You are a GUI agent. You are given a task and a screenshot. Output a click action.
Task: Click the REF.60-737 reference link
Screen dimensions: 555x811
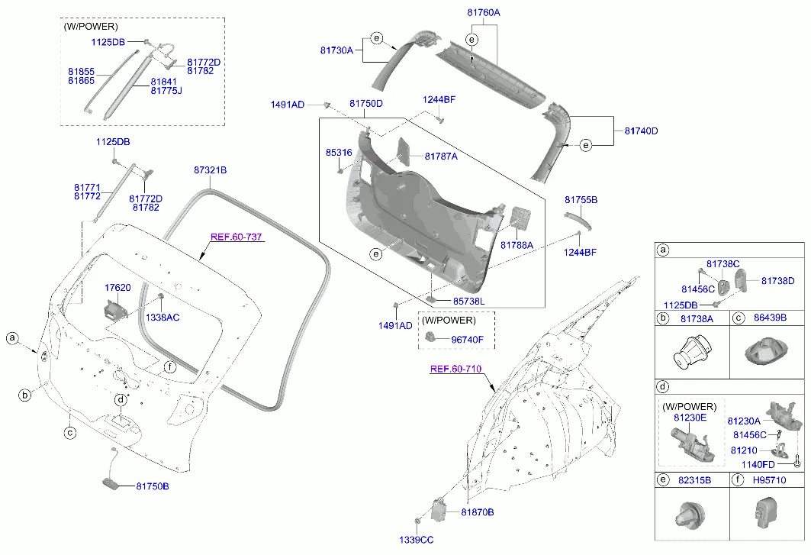[x=236, y=237]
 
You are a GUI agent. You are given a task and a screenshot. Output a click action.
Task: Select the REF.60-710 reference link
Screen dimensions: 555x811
[x=455, y=369]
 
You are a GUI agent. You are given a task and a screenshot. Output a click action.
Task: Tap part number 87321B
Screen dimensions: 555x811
[x=210, y=169]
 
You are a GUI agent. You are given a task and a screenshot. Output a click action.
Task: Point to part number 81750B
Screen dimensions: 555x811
[x=153, y=486]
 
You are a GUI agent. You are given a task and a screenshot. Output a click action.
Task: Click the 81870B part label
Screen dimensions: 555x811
[x=477, y=511]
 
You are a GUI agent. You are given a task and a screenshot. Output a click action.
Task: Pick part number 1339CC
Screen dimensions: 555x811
[x=416, y=540]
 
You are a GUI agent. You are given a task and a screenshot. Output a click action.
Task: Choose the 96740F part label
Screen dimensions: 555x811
[x=467, y=339]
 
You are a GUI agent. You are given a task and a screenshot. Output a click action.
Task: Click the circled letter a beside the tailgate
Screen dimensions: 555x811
[x=12, y=338]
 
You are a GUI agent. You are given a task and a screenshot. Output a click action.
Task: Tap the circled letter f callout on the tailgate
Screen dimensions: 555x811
[x=170, y=366]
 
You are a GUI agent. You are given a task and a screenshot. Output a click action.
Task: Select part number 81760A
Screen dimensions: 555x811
[x=483, y=13]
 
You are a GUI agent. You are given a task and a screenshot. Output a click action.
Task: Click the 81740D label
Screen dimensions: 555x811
[x=641, y=131]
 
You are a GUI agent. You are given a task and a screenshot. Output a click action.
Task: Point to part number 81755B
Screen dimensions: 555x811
[x=581, y=199]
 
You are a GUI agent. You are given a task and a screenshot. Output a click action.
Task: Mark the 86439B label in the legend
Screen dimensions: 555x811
[x=770, y=318]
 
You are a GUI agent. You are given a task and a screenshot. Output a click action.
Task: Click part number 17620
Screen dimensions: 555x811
[x=117, y=288]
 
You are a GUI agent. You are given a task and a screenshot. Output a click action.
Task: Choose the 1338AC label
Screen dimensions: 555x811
[x=163, y=317]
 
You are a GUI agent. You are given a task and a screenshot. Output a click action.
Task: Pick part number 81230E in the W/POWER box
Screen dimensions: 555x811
[x=690, y=418]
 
